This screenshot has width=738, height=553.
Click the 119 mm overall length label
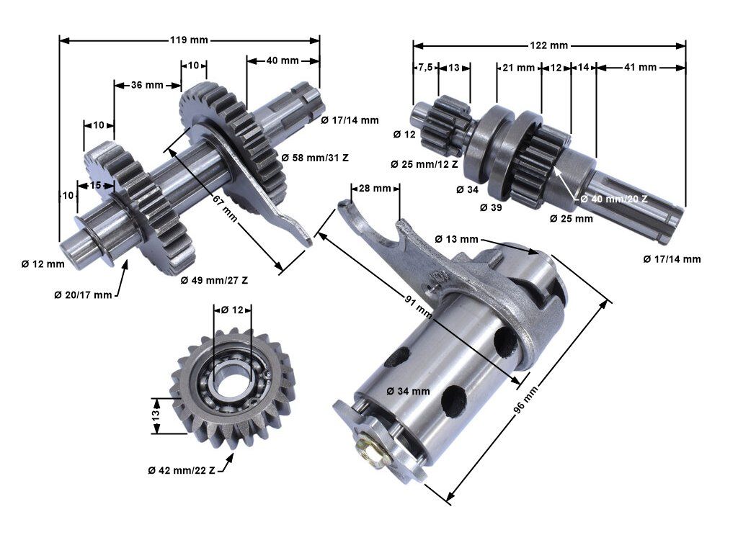(189, 40)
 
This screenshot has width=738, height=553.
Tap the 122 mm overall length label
(548, 45)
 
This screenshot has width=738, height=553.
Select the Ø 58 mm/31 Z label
(315, 158)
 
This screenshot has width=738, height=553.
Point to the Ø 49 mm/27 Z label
(214, 280)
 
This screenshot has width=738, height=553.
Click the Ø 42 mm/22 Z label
(182, 470)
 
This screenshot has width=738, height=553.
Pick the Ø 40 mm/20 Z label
(614, 199)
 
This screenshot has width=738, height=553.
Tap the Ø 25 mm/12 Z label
(424, 165)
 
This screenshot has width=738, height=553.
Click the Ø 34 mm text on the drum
(408, 391)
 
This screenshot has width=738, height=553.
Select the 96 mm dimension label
(525, 400)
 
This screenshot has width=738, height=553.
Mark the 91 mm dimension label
(418, 306)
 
